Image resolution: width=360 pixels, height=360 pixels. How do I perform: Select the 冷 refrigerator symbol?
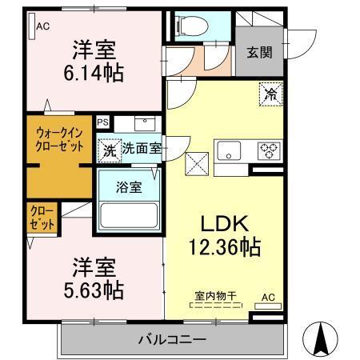(x=270, y=94)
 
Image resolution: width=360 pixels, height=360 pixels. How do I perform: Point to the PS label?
(x=102, y=122)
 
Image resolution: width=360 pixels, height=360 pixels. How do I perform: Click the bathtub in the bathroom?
(x=129, y=217)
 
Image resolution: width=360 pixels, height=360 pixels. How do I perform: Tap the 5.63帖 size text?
(x=94, y=287)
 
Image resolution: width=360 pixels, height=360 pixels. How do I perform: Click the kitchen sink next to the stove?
(x=228, y=150)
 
